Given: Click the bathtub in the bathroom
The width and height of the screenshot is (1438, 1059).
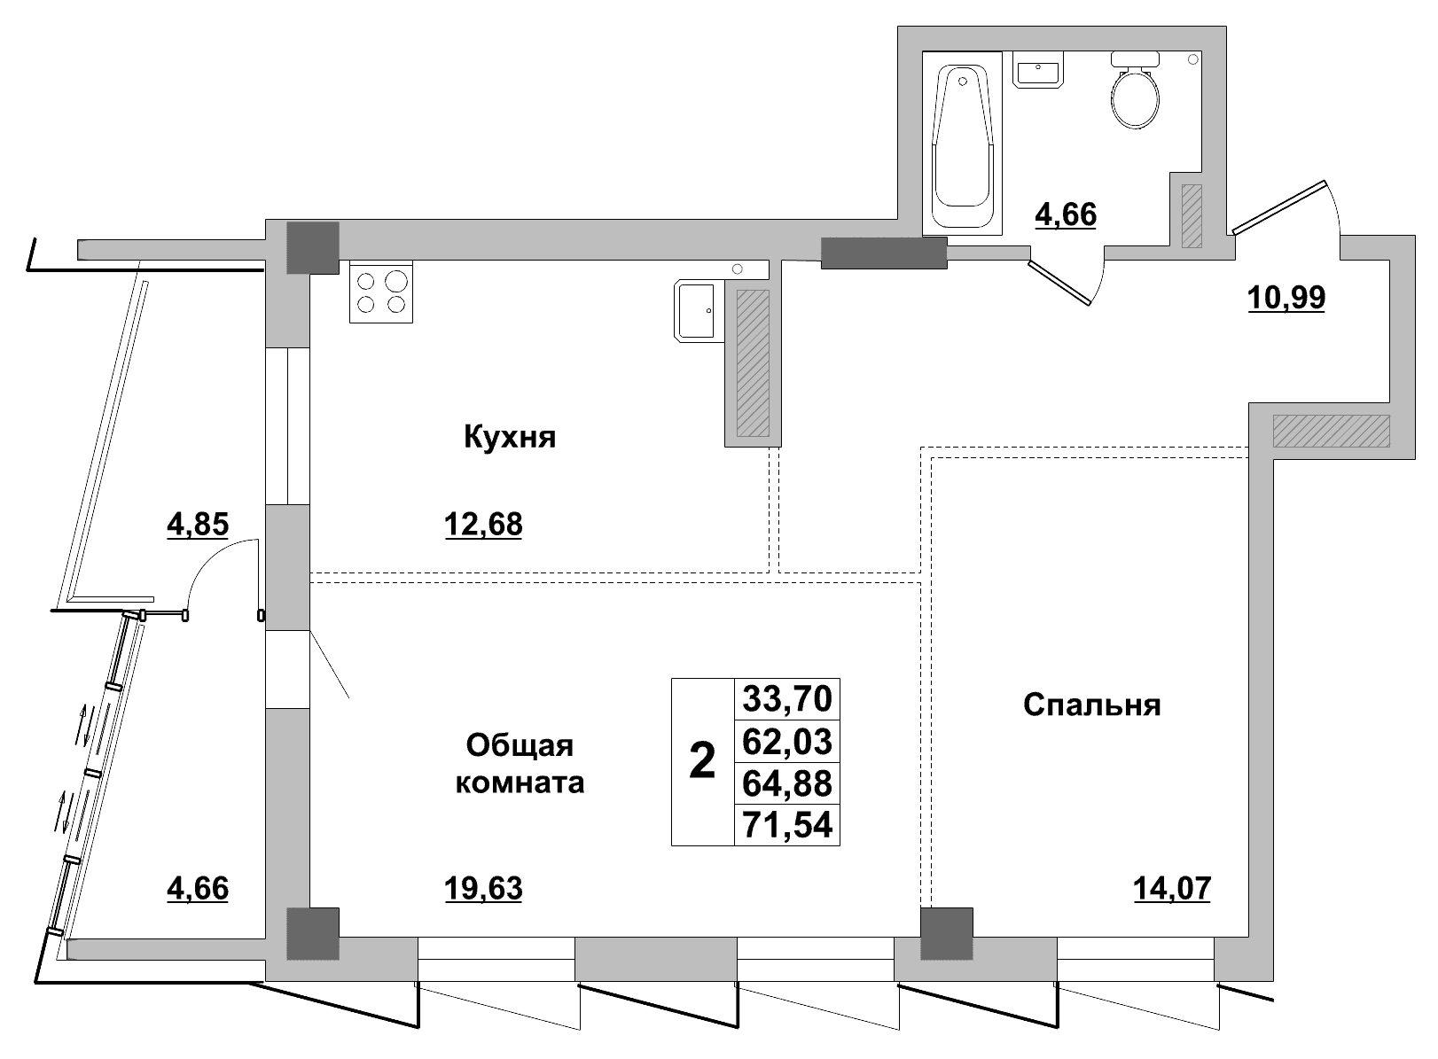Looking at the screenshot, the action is pyautogui.click(x=962, y=144).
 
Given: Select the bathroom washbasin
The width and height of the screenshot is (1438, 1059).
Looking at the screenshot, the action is pyautogui.click(x=1038, y=69).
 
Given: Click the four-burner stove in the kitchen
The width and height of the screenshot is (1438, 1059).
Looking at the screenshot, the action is pyautogui.click(x=381, y=292).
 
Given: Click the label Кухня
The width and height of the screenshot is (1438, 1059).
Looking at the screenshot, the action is pyautogui.click(x=510, y=438).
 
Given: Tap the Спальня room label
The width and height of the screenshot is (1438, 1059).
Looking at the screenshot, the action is pyautogui.click(x=1092, y=705).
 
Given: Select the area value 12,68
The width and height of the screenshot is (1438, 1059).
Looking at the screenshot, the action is pyautogui.click(x=483, y=525).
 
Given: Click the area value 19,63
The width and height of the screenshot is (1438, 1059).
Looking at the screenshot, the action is pyautogui.click(x=483, y=888).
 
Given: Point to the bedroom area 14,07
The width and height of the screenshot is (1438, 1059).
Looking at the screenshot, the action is pyautogui.click(x=1172, y=888).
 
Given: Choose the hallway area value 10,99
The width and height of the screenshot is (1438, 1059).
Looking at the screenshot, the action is pyautogui.click(x=1286, y=297).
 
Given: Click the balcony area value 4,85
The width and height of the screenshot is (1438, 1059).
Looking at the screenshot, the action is pyautogui.click(x=198, y=525).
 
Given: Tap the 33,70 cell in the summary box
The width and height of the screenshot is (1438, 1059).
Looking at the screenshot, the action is pyautogui.click(x=787, y=698).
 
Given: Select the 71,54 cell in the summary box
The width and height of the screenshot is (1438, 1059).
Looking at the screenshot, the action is pyautogui.click(x=787, y=825).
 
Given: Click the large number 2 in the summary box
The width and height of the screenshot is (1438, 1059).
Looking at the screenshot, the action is pyautogui.click(x=702, y=760).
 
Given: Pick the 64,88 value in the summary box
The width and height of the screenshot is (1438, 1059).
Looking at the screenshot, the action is pyautogui.click(x=787, y=783).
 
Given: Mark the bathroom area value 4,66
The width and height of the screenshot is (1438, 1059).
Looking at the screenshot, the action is pyautogui.click(x=1066, y=214).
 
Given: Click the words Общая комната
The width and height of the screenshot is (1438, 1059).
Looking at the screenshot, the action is pyautogui.click(x=520, y=764).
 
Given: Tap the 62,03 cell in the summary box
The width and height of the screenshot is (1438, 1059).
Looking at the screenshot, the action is pyautogui.click(x=787, y=741).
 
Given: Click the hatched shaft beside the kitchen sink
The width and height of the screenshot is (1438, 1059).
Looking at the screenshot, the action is pyautogui.click(x=753, y=363).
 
